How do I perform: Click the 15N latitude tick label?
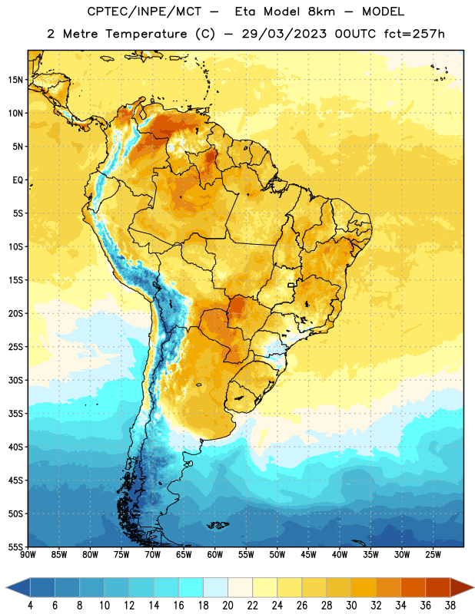pyautogui.click(x=15, y=80)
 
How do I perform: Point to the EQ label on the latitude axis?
pyautogui.click(x=18, y=180)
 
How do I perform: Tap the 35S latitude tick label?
pyautogui.click(x=15, y=414)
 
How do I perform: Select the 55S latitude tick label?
pyautogui.click(x=15, y=546)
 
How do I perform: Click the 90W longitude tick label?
pyautogui.click(x=28, y=555)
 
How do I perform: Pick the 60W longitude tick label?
pyautogui.click(x=215, y=555)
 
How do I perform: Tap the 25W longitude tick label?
pyautogui.click(x=433, y=555)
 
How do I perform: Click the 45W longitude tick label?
pyautogui.click(x=308, y=555)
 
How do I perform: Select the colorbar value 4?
pyautogui.click(x=30, y=606)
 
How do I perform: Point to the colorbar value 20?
pyautogui.click(x=228, y=606)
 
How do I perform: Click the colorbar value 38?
pyautogui.click(x=450, y=606)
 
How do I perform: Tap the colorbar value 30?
pyautogui.click(x=351, y=606)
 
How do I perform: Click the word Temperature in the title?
pyautogui.click(x=146, y=34)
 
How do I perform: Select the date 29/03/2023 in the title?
pyautogui.click(x=284, y=34)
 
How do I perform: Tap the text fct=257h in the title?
pyautogui.click(x=414, y=34)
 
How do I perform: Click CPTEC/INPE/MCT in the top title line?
pyautogui.click(x=144, y=12)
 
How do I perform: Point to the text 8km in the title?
pyautogui.click(x=321, y=12)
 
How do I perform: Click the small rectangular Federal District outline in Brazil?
pyautogui.click(x=291, y=285)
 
